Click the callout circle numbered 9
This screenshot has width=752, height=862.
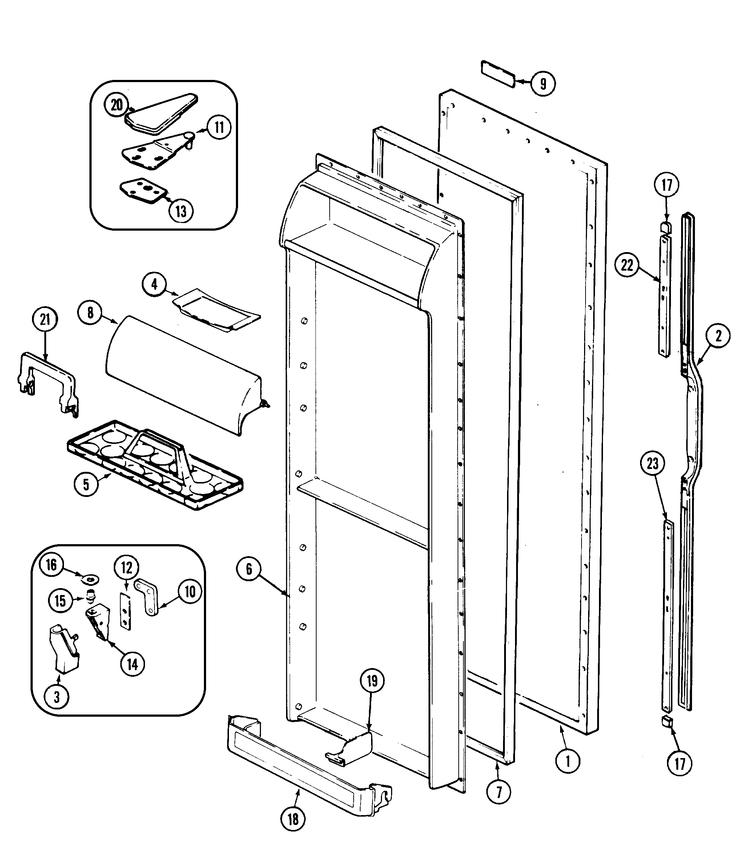543,84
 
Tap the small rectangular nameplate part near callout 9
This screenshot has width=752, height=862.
498,74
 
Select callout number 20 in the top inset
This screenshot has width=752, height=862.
117,105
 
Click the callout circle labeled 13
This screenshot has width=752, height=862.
181,211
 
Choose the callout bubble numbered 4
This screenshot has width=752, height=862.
154,284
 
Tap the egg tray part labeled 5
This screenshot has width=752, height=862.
155,465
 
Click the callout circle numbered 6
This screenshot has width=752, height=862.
249,569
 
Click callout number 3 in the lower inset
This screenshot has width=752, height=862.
57,697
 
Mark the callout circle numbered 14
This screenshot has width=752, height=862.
132,664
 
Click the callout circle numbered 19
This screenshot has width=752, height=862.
372,681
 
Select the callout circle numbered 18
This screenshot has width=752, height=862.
293,818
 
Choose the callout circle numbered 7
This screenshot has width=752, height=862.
499,792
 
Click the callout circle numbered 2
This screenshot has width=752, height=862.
718,336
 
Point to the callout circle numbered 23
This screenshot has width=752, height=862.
652,464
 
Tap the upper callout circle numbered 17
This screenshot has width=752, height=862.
667,185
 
